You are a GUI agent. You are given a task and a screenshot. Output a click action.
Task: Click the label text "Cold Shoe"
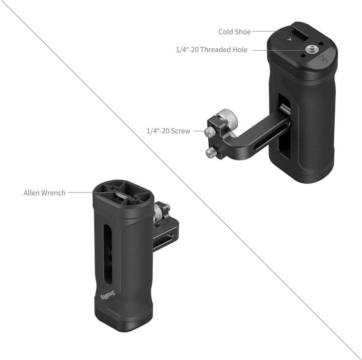235,32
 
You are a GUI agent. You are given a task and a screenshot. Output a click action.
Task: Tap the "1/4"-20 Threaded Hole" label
212,50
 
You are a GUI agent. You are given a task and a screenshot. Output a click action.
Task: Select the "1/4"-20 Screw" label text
168,131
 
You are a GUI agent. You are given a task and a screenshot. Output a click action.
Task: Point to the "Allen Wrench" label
44,193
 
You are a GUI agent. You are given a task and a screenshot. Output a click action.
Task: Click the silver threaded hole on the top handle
310,49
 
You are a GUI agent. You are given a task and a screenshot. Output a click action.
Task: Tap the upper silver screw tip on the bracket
210,132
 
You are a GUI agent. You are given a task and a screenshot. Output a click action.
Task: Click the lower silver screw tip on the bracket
211,153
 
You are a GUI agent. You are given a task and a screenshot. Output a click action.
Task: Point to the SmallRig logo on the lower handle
108,295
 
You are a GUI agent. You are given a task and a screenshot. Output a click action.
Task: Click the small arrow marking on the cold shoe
289,39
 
